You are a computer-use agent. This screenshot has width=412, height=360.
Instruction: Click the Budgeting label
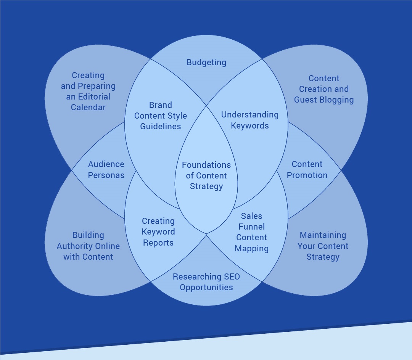click(206, 62)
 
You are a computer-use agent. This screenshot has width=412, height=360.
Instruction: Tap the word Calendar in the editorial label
click(88, 108)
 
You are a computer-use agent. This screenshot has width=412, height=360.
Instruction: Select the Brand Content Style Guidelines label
click(161, 116)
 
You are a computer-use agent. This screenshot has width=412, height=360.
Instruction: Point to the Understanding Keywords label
click(250, 120)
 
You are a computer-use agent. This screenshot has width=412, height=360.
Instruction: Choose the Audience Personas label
click(106, 170)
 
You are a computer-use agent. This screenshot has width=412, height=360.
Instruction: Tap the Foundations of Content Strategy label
click(206, 175)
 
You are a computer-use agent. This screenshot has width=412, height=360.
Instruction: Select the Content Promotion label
click(307, 170)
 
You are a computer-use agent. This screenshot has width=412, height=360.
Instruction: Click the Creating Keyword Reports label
click(158, 232)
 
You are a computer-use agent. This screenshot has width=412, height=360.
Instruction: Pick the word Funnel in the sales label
click(252, 227)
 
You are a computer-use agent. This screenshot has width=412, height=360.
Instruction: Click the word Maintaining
click(323, 235)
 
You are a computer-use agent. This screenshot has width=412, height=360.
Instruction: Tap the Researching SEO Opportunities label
click(206, 282)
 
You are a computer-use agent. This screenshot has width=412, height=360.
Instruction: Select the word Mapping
click(252, 249)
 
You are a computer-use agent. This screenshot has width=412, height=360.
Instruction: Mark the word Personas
click(106, 175)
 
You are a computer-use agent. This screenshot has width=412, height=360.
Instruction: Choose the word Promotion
click(307, 175)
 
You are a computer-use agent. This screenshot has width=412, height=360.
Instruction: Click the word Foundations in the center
click(206, 165)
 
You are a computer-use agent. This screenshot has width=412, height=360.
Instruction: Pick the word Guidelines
click(161, 126)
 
